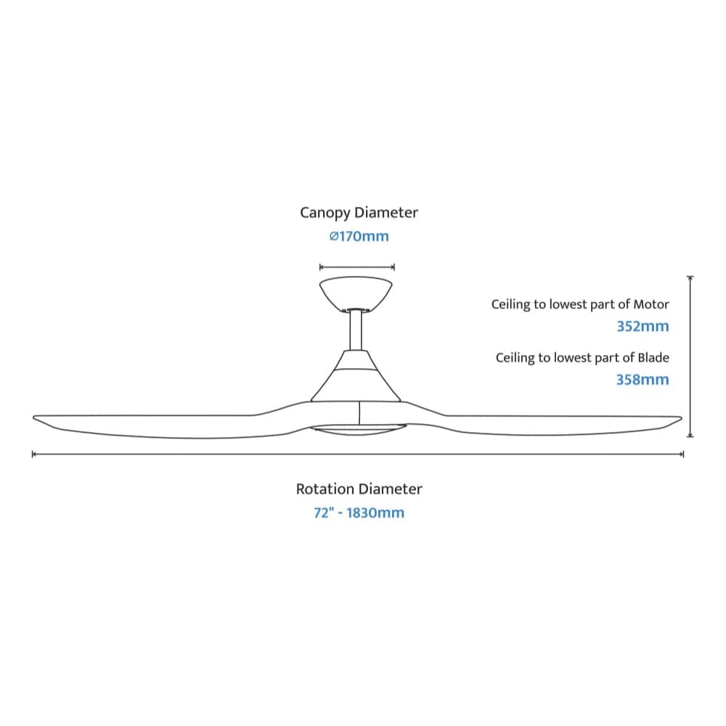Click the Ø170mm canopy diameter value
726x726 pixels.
[x=359, y=236]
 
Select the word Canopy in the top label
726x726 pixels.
[x=325, y=213]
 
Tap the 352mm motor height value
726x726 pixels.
[x=643, y=327]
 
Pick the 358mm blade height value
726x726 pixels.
[x=643, y=380]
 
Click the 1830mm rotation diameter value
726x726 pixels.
[x=375, y=513]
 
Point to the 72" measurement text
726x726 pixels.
[x=324, y=513]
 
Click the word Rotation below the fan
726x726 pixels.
[x=326, y=489]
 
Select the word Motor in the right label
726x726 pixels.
[x=651, y=304]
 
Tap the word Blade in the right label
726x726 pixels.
[x=653, y=357]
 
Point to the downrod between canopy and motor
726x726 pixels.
[x=356, y=330]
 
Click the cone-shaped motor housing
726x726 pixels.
[x=356, y=376]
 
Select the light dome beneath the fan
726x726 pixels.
[x=358, y=430]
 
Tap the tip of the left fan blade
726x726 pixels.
[x=34, y=418]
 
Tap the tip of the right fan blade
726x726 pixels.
[x=681, y=419]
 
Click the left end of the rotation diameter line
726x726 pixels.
[x=33, y=454]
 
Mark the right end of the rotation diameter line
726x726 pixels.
[x=683, y=454]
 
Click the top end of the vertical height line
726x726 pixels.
[x=690, y=277]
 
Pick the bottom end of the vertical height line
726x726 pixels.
[x=690, y=436]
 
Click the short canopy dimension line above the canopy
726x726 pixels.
[x=357, y=267]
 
